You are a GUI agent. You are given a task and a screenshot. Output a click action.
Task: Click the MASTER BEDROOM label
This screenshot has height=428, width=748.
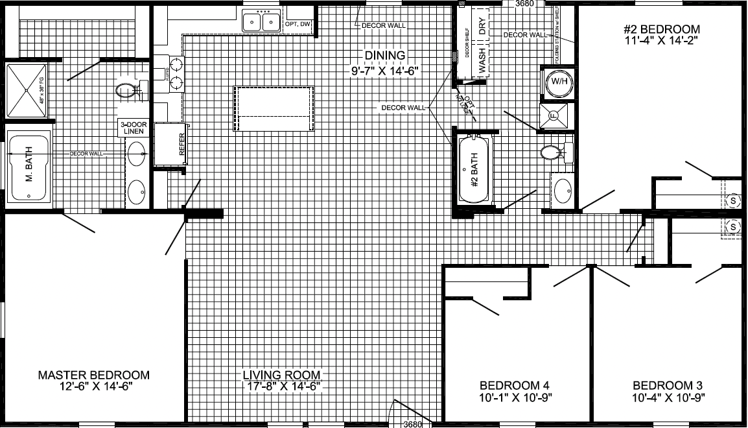pos(94,375)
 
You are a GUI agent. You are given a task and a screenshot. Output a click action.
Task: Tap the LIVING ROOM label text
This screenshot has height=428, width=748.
pos(282,375)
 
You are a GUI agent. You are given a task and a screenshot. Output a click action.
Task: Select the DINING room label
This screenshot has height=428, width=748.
pos(384,55)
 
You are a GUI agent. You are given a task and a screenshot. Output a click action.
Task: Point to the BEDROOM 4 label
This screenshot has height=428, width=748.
pos(515,383)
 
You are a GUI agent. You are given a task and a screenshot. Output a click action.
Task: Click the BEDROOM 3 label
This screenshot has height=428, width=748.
pos(669,383)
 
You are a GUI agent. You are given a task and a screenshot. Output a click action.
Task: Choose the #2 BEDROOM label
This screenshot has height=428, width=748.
pos(661,29)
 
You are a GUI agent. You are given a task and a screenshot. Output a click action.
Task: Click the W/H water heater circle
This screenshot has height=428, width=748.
pos(557,82)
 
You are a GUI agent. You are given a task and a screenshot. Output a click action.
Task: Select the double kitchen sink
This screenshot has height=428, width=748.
pos(261,23)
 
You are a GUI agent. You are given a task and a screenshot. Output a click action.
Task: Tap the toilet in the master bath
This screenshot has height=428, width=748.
pos(127,91)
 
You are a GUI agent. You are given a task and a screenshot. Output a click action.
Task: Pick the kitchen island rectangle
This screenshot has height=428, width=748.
pos(275,108)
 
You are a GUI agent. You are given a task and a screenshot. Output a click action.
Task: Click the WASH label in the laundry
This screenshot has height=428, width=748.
pos(482,59)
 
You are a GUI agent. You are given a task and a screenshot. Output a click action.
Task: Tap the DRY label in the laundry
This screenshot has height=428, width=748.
pos(482,26)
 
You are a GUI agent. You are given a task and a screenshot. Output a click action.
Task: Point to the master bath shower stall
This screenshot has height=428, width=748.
pos(27,91)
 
